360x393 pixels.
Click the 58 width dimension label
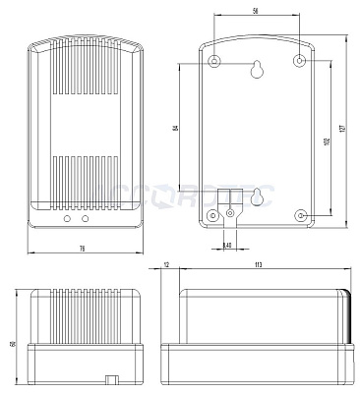coord(256,10)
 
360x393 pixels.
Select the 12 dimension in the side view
coord(166,264)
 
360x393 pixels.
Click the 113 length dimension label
coord(258,264)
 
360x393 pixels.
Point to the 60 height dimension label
coord(11,343)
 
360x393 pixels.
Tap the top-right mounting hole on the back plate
coord(300,61)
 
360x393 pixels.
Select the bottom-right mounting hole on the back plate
coord(300,214)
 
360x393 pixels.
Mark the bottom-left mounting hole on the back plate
coord(214,214)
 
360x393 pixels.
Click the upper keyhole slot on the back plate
coord(257,70)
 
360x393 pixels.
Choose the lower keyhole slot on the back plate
coord(258,196)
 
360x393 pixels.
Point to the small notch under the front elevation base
coord(112,377)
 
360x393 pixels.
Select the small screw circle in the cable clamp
coord(230,211)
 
